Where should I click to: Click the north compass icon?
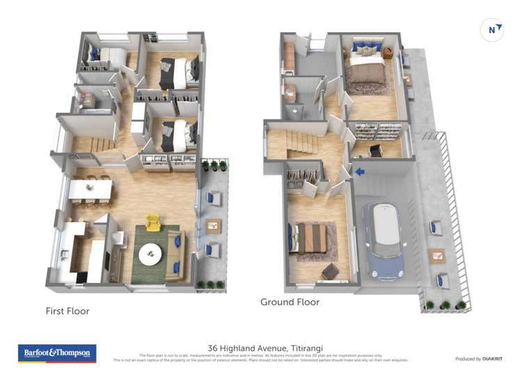pyautogui.click(x=492, y=30)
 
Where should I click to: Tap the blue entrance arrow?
pyautogui.click(x=359, y=171)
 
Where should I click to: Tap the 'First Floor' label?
pyautogui.click(x=68, y=311)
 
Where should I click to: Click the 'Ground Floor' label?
pyautogui.click(x=290, y=302)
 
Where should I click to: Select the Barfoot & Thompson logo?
pyautogui.click(x=56, y=353)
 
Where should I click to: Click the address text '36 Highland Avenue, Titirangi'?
pyautogui.click(x=260, y=348)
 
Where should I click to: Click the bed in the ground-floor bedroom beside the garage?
pyautogui.click(x=311, y=238)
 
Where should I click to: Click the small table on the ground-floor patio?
pyautogui.click(x=437, y=255)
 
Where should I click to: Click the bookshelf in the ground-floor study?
pyautogui.click(x=372, y=130)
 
